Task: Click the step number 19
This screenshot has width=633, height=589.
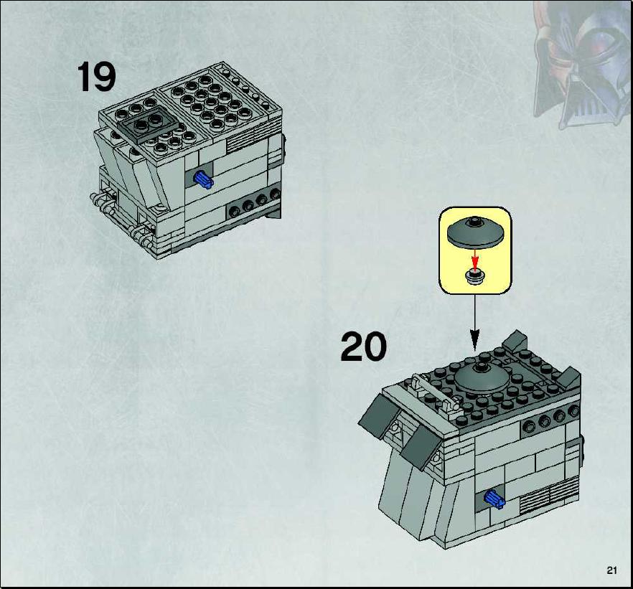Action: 96,77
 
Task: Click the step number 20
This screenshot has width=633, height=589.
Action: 363,347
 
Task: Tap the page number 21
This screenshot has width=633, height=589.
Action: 611,570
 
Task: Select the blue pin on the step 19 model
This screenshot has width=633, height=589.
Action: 204,179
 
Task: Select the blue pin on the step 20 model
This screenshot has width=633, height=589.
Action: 494,499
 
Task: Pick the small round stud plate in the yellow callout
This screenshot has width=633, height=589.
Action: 476,278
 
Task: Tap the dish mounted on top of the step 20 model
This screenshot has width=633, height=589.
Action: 482,378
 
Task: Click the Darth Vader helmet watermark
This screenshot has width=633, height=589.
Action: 582,65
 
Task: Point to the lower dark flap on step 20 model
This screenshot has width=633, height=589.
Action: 421,447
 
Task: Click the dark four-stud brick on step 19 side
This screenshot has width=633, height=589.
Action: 254,204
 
